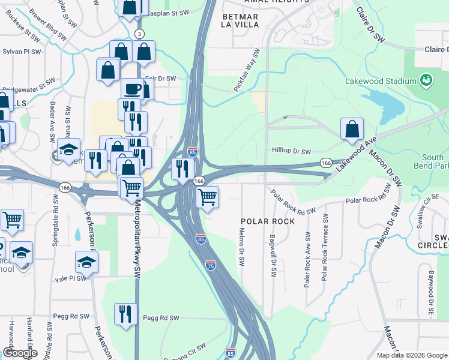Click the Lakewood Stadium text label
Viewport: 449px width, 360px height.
pos(380,81)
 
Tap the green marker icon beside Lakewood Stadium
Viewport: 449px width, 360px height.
pos(426,79)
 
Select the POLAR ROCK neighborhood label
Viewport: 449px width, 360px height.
pos(268,221)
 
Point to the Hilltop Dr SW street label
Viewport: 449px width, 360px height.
pos(291,152)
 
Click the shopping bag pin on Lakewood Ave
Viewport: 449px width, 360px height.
pos(352,129)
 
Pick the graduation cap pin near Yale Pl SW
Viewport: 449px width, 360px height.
pos(86,262)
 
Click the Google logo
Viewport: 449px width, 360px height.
pos(20,353)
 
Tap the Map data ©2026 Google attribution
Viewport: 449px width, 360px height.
pos(412,355)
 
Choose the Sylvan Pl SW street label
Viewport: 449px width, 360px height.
pos(22,52)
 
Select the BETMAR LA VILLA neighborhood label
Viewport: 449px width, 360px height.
pos(240,20)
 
